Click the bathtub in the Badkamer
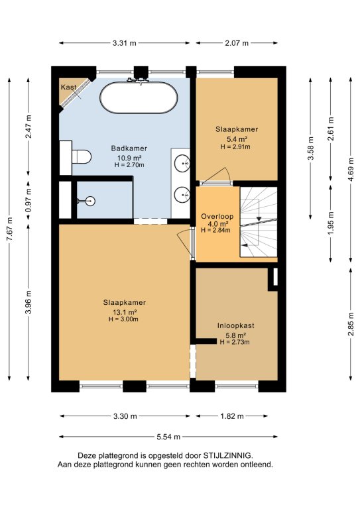pos(139,97)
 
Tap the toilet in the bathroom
pos(81,157)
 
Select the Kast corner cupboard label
pos(68,87)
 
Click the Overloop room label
pos(217,216)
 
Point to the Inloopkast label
pos(235,325)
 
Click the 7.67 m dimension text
pos(10,229)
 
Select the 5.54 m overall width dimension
pos(168,437)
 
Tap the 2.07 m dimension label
pos(237,43)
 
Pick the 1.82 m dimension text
pos(232,416)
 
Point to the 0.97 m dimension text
pos(29,200)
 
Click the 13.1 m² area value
pos(125,312)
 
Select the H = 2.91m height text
pos(235,146)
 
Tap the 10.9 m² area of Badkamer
pos(129,158)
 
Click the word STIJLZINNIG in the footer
pos(227,455)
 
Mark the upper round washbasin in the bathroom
pos(182,163)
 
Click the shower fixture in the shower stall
pos(87,201)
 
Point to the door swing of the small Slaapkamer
pos(219,176)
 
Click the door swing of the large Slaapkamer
pos(184,240)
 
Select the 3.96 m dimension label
pos(29,302)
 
